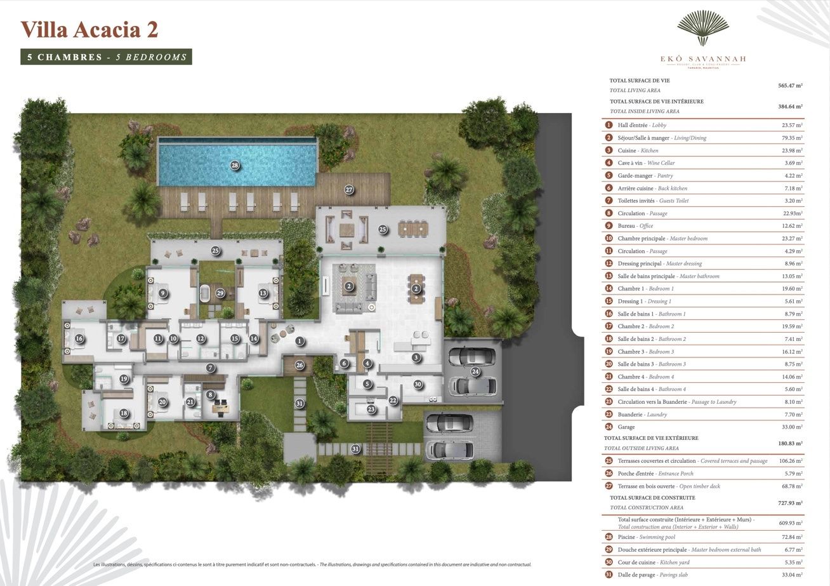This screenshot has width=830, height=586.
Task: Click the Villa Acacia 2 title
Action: pyautogui.click(x=89, y=30)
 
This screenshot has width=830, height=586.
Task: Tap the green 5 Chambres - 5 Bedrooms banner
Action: pyautogui.click(x=107, y=57)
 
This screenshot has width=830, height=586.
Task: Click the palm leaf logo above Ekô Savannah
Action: pyautogui.click(x=702, y=29)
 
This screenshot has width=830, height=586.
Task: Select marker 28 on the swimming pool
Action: pyautogui.click(x=235, y=166)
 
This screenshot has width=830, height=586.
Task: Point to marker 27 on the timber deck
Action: pyautogui.click(x=348, y=189)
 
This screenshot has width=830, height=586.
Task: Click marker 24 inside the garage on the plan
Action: pyautogui.click(x=475, y=372)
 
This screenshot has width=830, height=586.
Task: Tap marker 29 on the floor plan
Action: pyautogui.click(x=220, y=293)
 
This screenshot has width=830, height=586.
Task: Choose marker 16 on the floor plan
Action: pyautogui.click(x=79, y=338)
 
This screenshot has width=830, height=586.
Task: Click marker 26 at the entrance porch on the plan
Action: pyautogui.click(x=300, y=365)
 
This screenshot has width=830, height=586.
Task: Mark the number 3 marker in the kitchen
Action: pyautogui.click(x=416, y=357)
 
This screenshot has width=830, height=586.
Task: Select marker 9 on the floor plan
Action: pyautogui.click(x=163, y=293)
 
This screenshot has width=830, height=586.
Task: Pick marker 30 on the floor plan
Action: pyautogui.click(x=418, y=384)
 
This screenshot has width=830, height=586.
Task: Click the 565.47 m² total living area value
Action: pyautogui.click(x=790, y=85)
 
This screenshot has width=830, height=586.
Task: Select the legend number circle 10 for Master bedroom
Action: pyautogui.click(x=609, y=239)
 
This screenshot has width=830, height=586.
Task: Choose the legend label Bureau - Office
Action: pyautogui.click(x=635, y=226)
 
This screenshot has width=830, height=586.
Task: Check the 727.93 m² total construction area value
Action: pyautogui.click(x=790, y=502)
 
